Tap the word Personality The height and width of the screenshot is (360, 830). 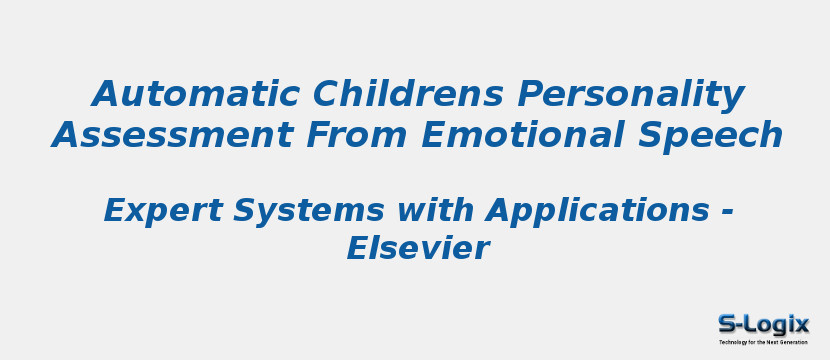coord(631,95)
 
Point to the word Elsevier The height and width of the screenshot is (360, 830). coord(417,249)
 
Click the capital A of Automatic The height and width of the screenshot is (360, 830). coord(105,95)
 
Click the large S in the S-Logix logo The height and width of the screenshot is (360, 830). coord(727,324)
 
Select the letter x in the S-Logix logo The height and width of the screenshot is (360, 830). coord(801,324)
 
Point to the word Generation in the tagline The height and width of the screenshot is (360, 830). coord(795,342)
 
